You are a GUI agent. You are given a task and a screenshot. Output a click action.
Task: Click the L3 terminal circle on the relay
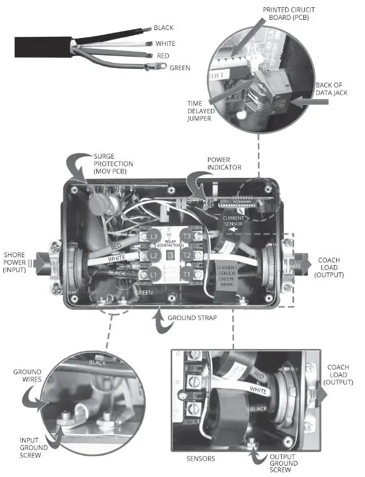click(152, 236)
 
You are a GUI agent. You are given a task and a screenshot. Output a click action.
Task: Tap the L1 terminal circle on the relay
click(152, 275)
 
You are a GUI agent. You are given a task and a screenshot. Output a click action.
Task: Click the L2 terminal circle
click(152, 255)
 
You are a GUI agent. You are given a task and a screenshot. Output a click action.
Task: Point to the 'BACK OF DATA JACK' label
click(332, 90)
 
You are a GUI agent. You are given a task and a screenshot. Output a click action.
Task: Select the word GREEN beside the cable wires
click(180, 68)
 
